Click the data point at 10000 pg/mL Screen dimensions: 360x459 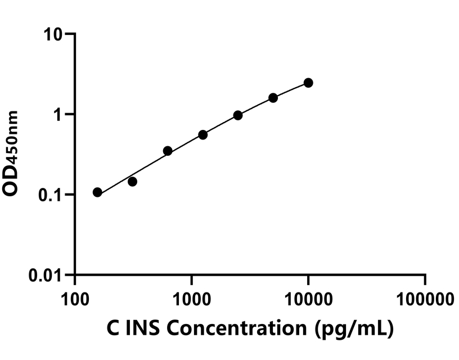308,83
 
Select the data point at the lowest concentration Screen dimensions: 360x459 97,192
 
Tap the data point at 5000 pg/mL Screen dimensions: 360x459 273,98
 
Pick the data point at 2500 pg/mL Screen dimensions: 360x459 238,115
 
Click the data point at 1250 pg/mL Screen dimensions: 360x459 203,135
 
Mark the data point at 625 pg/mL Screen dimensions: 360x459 168,151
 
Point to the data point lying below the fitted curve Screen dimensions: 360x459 133,182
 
